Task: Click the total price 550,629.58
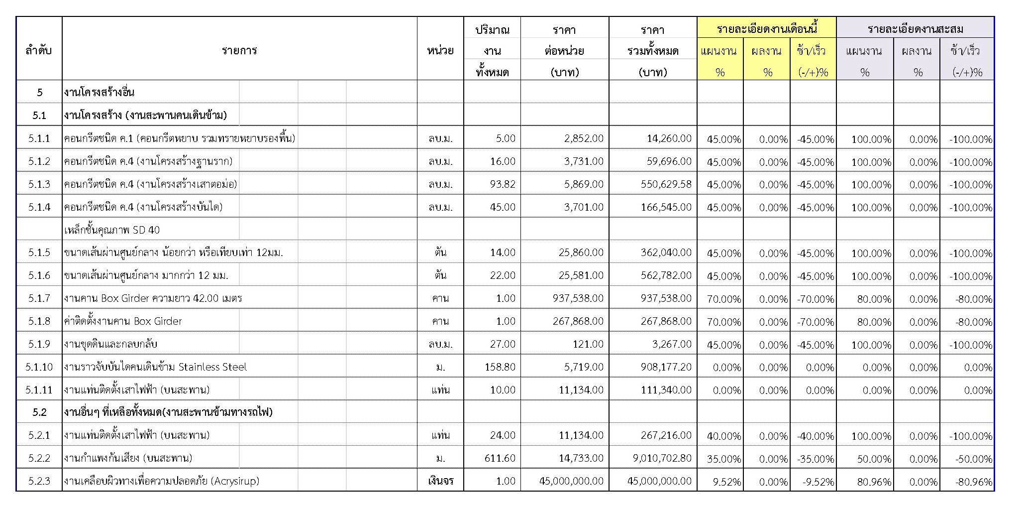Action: pyautogui.click(x=666, y=184)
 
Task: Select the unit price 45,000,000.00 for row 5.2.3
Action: pyautogui.click(x=571, y=481)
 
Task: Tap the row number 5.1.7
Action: pyautogui.click(x=39, y=298)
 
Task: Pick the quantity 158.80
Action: pyautogui.click(x=500, y=367)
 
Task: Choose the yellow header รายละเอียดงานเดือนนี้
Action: pyautogui.click(x=766, y=29)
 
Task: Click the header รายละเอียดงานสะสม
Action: pyautogui.click(x=915, y=29)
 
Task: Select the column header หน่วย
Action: pyautogui.click(x=440, y=50)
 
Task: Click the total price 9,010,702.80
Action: pyautogui.click(x=662, y=458)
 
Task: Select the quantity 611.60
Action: pyautogui.click(x=500, y=458)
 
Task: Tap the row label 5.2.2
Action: pyautogui.click(x=39, y=458)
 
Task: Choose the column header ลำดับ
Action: pyautogui.click(x=39, y=50)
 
